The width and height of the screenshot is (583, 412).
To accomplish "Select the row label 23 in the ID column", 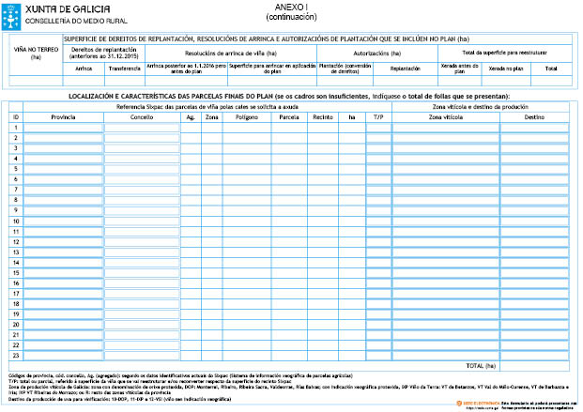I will tap(15, 355).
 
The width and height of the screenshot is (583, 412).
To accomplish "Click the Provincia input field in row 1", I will tap(62, 128).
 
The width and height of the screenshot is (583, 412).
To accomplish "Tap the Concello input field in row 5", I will tap(142, 169).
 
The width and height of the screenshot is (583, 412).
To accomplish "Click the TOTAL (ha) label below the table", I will tap(482, 364).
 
